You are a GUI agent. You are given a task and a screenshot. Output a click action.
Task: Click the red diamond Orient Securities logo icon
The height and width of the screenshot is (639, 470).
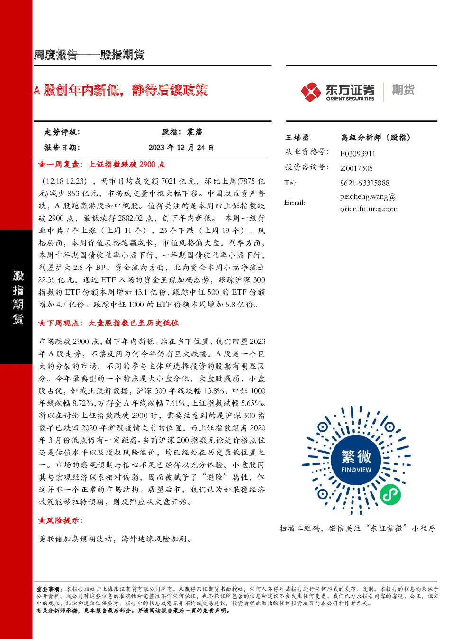tap(311, 92)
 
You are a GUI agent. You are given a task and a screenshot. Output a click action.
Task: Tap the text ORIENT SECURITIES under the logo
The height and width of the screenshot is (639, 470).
tap(350, 98)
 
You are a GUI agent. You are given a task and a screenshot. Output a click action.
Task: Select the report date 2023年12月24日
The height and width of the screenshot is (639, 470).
tap(181, 148)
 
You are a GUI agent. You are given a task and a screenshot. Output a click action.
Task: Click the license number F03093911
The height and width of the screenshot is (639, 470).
tap(358, 154)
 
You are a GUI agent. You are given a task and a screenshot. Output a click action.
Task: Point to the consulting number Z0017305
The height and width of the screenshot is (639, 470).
tap(356, 168)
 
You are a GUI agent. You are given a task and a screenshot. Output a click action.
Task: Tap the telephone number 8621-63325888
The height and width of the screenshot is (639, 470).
tap(365, 183)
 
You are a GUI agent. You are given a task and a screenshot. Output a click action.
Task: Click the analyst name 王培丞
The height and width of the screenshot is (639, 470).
tap(297, 138)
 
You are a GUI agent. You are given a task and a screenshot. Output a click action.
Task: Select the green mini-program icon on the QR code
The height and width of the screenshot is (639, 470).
tap(390, 494)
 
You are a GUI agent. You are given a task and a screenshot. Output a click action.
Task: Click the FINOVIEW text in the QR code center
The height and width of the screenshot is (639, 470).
tap(356, 470)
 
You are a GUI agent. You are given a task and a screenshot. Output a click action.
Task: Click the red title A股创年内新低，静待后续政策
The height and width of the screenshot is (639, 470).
tap(120, 90)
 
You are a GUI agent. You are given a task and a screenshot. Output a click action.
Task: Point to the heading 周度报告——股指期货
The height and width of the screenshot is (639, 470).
tap(89, 55)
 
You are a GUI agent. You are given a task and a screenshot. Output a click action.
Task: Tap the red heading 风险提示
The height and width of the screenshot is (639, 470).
tap(61, 520)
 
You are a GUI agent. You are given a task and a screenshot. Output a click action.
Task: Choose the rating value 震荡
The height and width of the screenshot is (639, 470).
tap(194, 132)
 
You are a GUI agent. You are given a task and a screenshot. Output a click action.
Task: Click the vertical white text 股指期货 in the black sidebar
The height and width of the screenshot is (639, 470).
tap(18, 297)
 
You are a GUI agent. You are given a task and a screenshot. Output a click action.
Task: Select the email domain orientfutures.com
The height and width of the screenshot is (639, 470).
tap(369, 209)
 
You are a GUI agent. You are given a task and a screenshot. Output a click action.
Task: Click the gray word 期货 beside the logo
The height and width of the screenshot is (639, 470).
tap(403, 90)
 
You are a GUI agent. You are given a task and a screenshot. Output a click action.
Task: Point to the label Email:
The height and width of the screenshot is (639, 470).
tap(295, 203)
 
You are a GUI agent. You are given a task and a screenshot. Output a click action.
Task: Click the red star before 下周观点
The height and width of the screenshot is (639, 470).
tap(42, 323)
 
